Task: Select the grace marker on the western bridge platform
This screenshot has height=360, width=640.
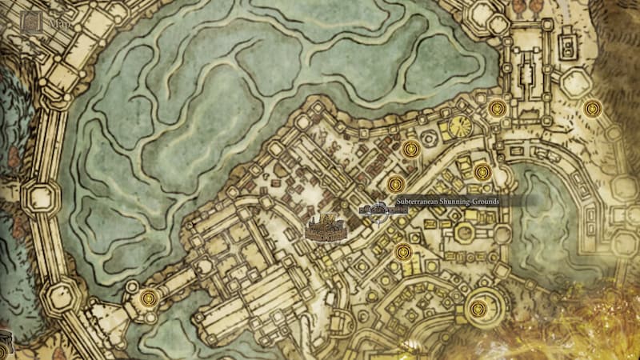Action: coord(147,299)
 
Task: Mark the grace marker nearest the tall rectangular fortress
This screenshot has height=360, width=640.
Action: coord(496,108)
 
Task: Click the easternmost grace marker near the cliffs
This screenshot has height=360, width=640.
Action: coord(593,108)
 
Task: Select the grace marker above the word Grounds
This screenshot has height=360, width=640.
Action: coord(482,172)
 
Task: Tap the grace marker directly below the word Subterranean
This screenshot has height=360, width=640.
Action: coord(403,253)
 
